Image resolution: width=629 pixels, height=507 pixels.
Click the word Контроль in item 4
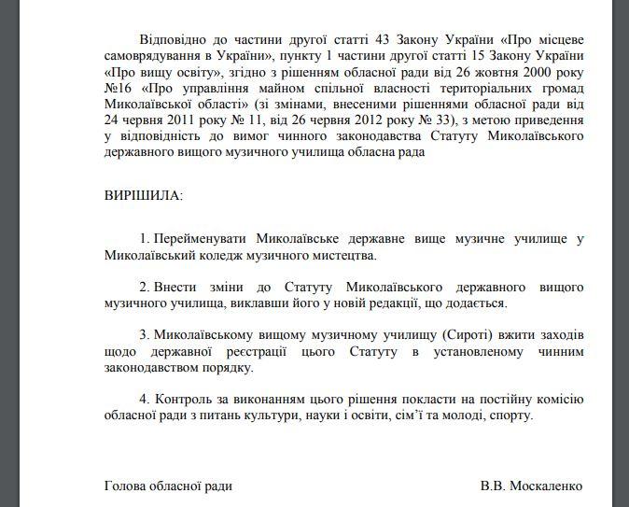(182, 398)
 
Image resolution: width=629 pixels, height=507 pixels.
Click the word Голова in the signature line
(124, 486)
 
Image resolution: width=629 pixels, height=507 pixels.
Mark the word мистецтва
(343, 254)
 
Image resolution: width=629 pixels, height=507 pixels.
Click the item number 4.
(143, 398)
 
